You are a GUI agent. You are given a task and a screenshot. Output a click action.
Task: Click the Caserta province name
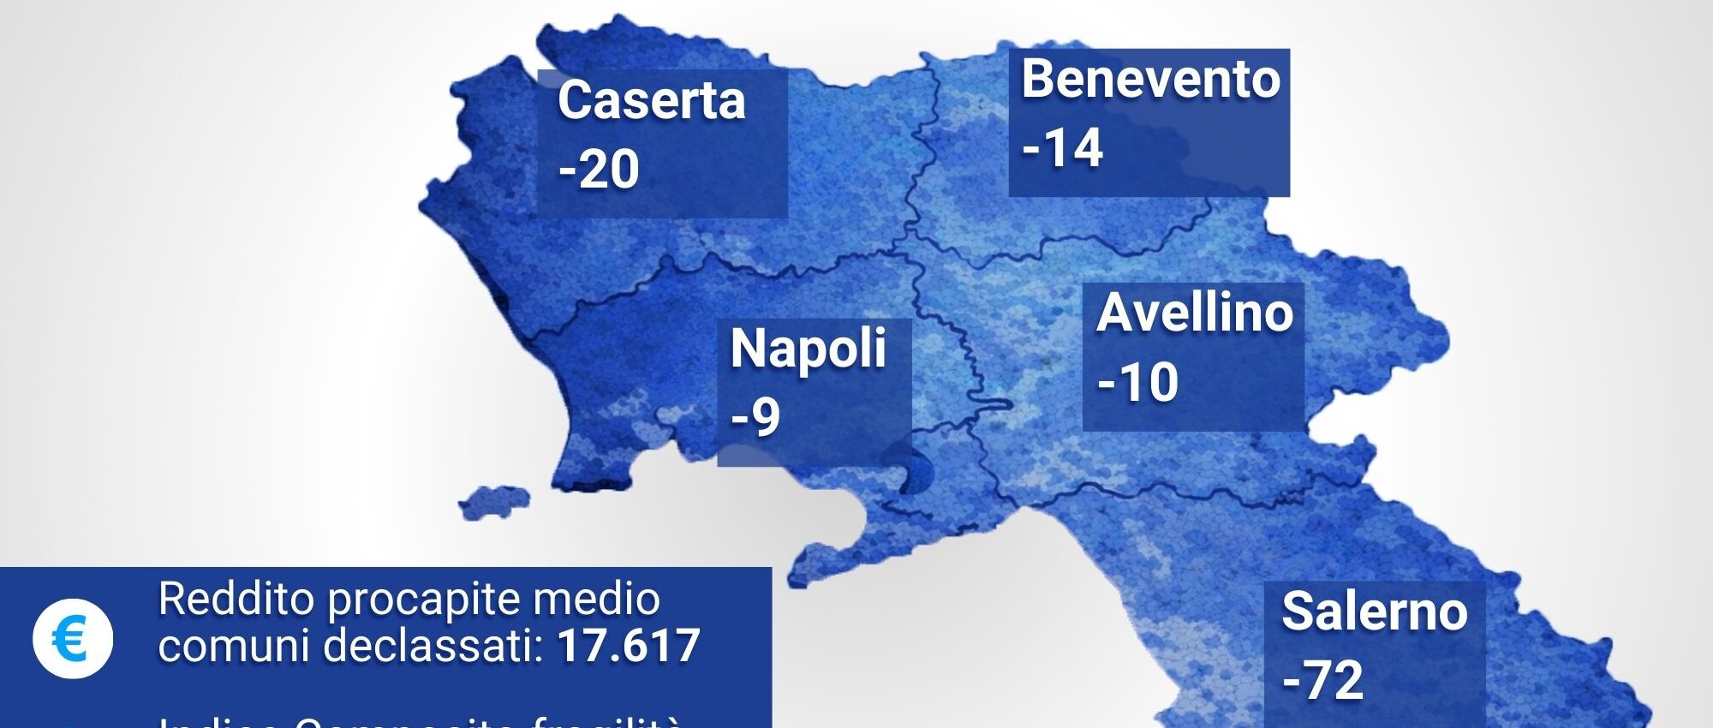pyautogui.click(x=651, y=100)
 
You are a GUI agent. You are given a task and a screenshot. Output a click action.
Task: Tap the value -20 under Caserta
pyautogui.click(x=599, y=169)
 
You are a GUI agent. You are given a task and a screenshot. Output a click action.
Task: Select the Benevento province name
pyautogui.click(x=1150, y=80)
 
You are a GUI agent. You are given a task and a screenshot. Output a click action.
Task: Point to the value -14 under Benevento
pyautogui.click(x=1062, y=147)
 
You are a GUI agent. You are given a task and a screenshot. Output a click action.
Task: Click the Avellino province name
pyautogui.click(x=1195, y=313)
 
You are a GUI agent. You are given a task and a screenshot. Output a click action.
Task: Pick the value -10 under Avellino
pyautogui.click(x=1137, y=382)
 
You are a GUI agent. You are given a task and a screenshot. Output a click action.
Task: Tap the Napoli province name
pyautogui.click(x=808, y=349)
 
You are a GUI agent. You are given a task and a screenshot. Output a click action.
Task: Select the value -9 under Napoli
pyautogui.click(x=755, y=418)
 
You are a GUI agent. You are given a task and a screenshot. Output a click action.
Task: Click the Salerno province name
pyautogui.click(x=1374, y=612)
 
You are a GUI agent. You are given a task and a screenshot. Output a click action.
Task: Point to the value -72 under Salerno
pyautogui.click(x=1322, y=681)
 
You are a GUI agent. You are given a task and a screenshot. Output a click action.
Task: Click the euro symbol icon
pyautogui.click(x=73, y=639)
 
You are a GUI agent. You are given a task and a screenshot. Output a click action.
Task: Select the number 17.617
pyautogui.click(x=629, y=646)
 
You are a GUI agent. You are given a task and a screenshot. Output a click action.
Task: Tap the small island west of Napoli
pyautogui.click(x=495, y=501)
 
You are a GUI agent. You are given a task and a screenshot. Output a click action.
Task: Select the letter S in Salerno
pyautogui.click(x=1299, y=612)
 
